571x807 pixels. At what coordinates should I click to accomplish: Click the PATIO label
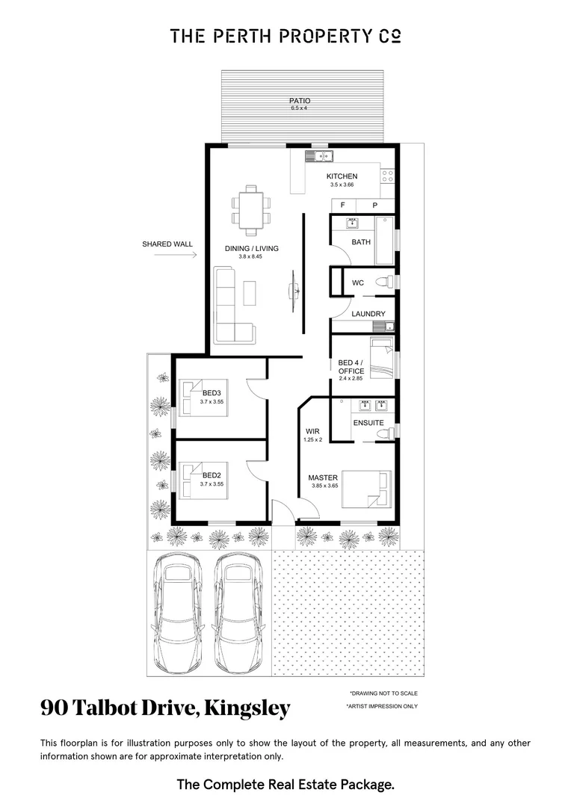point(300,101)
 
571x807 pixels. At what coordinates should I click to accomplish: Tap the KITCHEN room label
point(342,176)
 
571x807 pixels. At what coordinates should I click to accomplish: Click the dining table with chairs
point(250,208)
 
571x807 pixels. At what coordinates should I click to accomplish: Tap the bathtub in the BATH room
point(384,240)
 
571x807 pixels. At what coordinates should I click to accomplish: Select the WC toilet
point(383,282)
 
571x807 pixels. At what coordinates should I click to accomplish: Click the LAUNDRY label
point(368,314)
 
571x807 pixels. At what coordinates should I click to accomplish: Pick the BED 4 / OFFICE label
point(351,367)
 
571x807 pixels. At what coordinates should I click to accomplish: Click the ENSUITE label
point(368,423)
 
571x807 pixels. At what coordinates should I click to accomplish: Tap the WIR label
point(312,432)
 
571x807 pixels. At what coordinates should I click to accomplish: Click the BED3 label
point(212,393)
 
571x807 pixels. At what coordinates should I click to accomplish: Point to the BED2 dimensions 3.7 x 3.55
point(212,483)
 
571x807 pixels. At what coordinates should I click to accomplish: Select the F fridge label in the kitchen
point(343,205)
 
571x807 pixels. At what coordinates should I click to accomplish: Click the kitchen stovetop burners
point(388,176)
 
